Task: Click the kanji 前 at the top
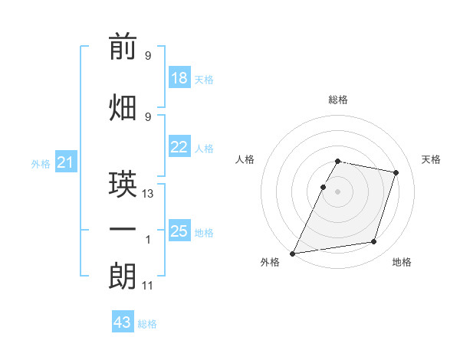[123, 46]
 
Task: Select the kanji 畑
[123, 107]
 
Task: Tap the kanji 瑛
[123, 184]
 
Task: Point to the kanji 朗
[123, 276]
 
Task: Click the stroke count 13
[147, 194]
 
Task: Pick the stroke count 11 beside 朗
[147, 286]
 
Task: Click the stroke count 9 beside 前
[148, 55]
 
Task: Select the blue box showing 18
[179, 77]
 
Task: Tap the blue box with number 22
[179, 146]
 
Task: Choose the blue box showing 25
[179, 230]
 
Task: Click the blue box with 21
[66, 162]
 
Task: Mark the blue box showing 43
[123, 321]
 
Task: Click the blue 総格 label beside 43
[147, 324]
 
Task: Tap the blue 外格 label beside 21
[41, 164]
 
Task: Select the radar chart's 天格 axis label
[431, 159]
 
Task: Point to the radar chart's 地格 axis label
[402, 262]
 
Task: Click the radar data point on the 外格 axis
[293, 254]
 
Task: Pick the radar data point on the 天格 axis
[396, 172]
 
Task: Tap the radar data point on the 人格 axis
[323, 187]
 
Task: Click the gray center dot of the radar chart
[337, 191]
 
